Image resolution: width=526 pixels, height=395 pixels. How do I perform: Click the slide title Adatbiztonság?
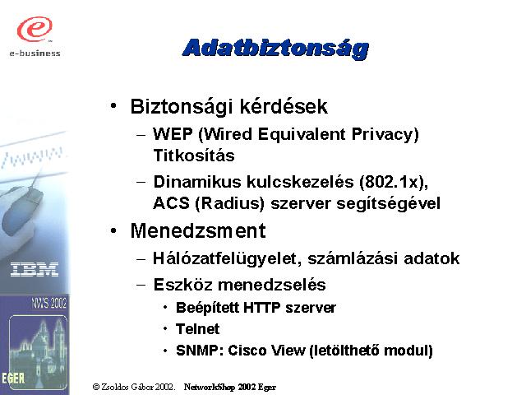[275, 49]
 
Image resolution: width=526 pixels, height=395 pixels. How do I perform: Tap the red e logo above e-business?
[35, 29]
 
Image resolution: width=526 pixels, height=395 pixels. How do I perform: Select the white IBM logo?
[35, 270]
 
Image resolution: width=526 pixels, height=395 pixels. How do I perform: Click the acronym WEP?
[173, 134]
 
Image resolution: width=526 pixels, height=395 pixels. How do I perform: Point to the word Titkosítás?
[194, 156]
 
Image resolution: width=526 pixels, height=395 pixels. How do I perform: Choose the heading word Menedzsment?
[198, 230]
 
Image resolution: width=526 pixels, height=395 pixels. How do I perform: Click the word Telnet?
[197, 329]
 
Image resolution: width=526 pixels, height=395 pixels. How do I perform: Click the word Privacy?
[385, 135]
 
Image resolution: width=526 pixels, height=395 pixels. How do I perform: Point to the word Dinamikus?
[197, 182]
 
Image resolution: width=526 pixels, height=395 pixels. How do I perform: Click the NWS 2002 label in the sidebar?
[49, 303]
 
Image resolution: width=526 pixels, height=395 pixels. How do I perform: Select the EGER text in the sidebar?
[13, 379]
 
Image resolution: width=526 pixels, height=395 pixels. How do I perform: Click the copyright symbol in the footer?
[96, 387]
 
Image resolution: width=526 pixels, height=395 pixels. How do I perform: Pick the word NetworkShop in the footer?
[210, 388]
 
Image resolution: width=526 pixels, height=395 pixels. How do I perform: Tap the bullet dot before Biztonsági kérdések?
[113, 106]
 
